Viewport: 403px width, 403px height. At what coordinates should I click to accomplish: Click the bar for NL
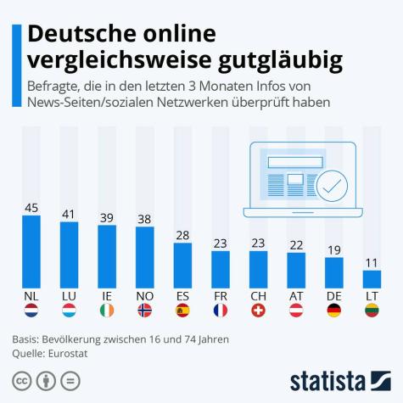coord(31,251)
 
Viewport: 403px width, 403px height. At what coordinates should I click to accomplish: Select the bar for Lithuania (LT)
coord(372,279)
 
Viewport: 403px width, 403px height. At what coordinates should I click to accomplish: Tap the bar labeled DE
coord(333,271)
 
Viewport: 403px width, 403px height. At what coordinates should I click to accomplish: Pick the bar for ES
coord(182,265)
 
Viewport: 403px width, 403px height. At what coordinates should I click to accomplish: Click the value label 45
coord(31,207)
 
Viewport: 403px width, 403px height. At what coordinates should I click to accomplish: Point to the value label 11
coord(372,262)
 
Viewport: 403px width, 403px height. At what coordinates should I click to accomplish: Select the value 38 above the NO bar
coord(145,218)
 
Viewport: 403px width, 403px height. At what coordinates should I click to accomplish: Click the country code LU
coord(69,296)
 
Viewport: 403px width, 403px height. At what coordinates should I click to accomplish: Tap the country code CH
coord(258,296)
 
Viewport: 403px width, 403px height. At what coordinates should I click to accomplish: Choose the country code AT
coord(296,296)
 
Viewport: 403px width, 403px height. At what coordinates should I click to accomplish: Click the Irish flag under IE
coord(107,311)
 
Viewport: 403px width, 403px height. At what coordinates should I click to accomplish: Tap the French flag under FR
coord(221,311)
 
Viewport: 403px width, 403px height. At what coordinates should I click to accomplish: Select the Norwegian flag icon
coord(145,311)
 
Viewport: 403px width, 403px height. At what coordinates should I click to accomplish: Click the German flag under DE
coord(333,311)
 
